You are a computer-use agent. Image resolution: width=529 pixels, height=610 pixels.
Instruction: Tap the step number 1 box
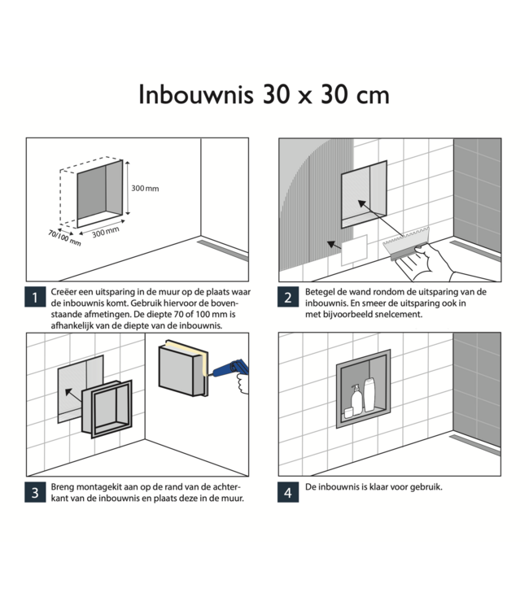tap(35, 298)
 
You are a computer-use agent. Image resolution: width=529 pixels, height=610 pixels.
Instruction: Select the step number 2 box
tap(287, 298)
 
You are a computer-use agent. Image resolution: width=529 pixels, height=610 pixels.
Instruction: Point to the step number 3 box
tap(35, 492)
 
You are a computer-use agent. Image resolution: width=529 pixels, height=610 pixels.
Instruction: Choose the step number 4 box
tap(287, 492)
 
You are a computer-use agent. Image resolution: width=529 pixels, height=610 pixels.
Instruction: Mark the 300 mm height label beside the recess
tap(145, 189)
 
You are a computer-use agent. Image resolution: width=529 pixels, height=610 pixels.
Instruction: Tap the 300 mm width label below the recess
tap(105, 232)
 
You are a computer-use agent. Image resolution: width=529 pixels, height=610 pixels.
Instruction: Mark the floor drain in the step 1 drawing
tap(221, 246)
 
